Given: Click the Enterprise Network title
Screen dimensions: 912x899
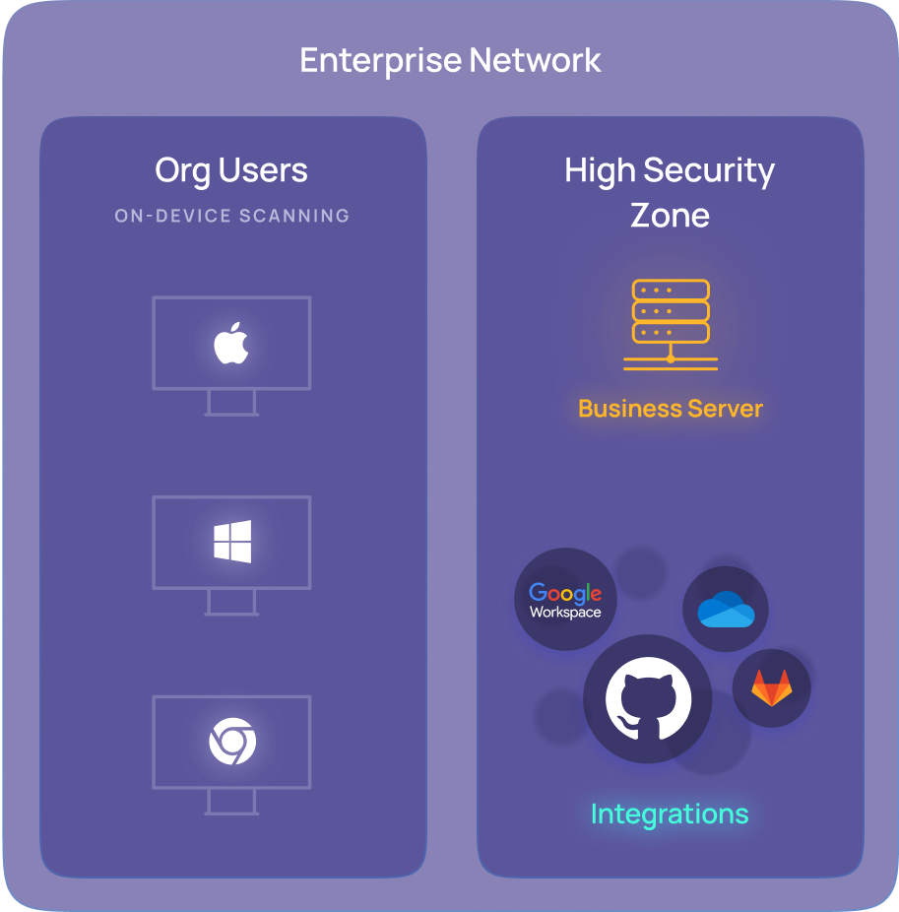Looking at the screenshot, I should point(450,61).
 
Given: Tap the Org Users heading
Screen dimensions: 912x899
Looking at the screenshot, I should point(231,170).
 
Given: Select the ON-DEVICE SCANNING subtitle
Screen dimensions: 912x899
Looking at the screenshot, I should point(232,216).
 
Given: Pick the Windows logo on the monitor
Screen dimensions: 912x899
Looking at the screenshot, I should point(232,543).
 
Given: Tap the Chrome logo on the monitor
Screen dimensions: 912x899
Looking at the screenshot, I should point(232,742).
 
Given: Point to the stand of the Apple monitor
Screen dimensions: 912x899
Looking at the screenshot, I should point(231,404).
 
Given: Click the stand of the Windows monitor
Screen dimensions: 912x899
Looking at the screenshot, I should point(231,603).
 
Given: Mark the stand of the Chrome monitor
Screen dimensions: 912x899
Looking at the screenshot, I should point(231,803).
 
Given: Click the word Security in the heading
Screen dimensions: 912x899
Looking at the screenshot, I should point(708,171).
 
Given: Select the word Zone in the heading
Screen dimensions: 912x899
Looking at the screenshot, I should point(670,215).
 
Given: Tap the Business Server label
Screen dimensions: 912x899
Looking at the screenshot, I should point(671,409).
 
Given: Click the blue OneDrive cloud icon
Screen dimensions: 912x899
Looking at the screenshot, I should point(726,610).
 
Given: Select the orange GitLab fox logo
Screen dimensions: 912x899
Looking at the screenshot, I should point(771,687).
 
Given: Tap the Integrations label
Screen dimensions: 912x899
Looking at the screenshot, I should point(670,814).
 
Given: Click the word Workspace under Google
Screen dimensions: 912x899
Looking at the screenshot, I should point(565,613).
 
